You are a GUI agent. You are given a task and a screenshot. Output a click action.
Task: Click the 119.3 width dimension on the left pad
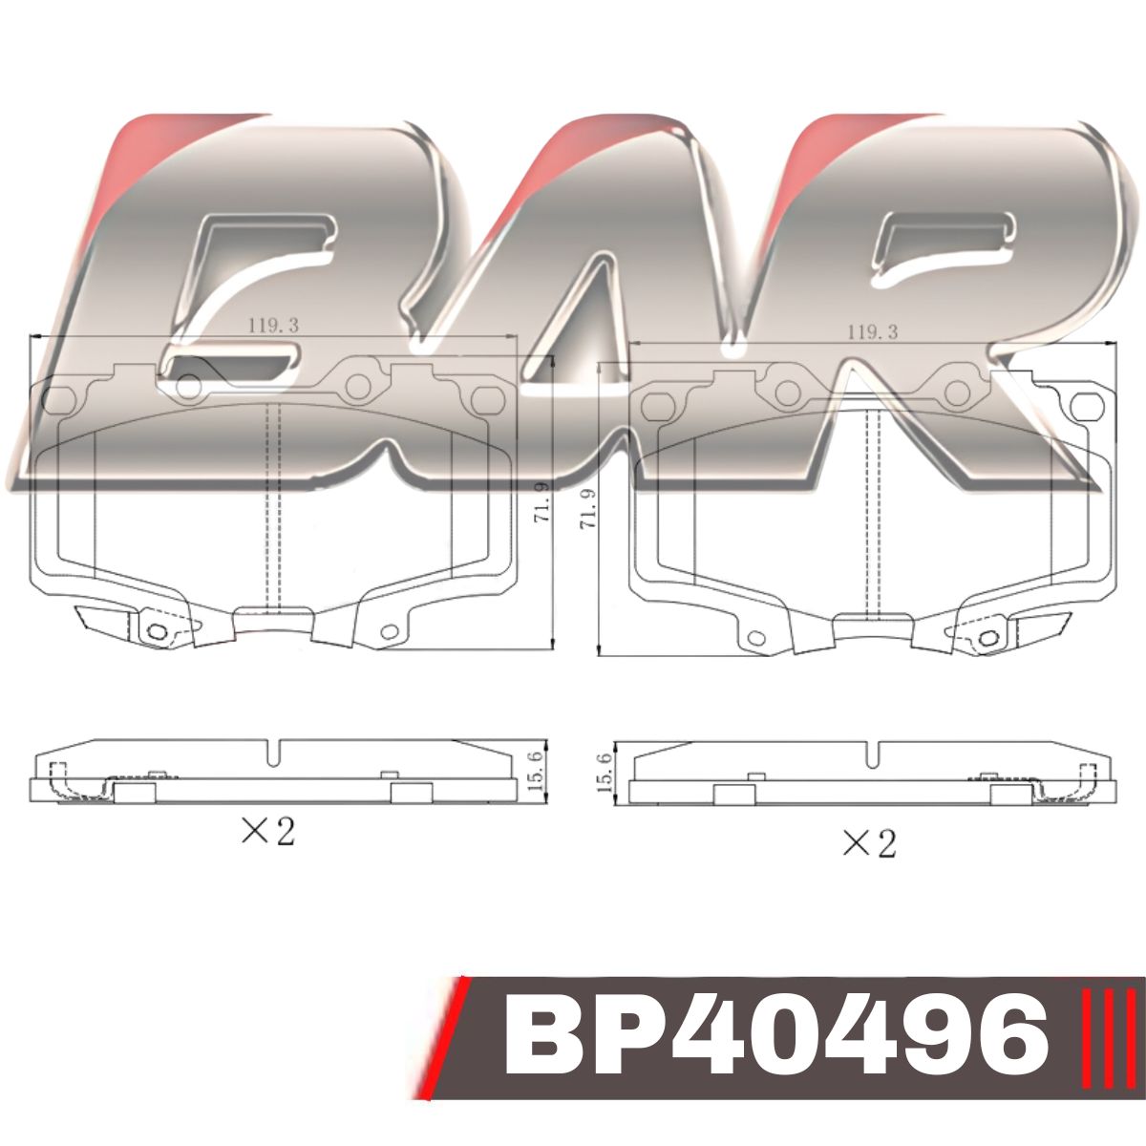(273, 326)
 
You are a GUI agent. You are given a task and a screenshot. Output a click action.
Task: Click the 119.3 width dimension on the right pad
(873, 331)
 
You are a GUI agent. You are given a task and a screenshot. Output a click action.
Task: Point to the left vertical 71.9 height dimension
(542, 502)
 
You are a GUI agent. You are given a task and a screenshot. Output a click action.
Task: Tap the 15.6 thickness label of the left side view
(535, 770)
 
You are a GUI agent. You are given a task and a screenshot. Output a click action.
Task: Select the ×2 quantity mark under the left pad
(268, 831)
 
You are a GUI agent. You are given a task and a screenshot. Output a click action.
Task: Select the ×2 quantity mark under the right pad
(869, 843)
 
